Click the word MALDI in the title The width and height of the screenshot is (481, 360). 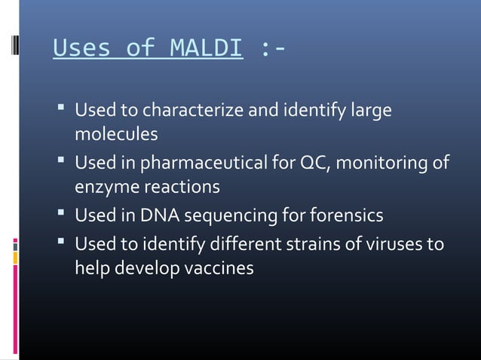coord(206,48)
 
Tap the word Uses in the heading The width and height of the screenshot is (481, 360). coord(81,48)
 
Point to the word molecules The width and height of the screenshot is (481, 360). coord(116,134)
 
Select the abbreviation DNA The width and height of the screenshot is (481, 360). coord(160,216)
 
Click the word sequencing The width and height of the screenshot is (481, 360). coord(230,216)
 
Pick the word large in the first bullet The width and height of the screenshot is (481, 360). coord(372,111)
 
